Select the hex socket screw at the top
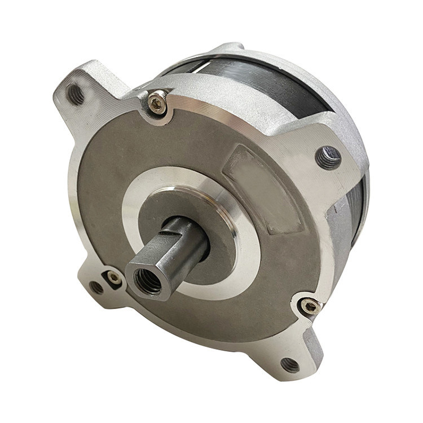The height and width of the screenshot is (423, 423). [157, 103]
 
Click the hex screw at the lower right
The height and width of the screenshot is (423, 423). [310, 306]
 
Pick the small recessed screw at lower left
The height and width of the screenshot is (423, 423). [114, 277]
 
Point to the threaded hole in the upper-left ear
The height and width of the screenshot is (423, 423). [76, 94]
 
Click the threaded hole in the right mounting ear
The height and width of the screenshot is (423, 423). [328, 157]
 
